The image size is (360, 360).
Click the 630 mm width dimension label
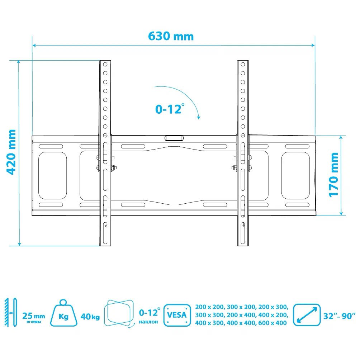tap(171, 36)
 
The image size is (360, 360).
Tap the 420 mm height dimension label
tap(11, 152)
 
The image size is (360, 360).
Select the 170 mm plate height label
tap(333, 175)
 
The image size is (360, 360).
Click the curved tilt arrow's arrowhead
tap(199, 117)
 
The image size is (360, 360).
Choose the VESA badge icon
tap(177, 315)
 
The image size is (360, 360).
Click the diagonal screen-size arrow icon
tap(307, 315)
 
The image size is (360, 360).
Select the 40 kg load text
tap(90, 317)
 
